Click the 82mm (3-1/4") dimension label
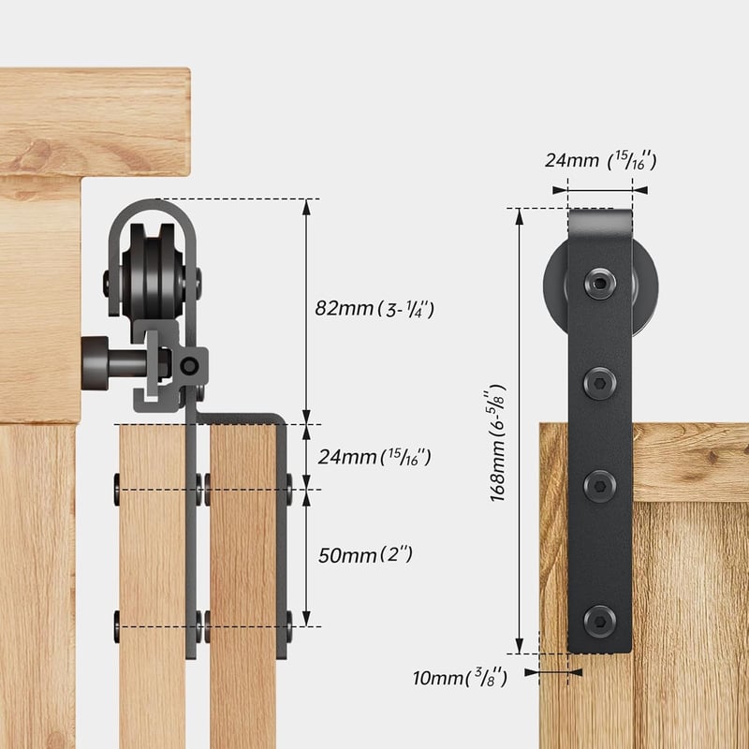click(374, 309)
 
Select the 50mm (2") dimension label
click(365, 555)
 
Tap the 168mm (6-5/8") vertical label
click(498, 442)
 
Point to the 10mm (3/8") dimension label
click(460, 677)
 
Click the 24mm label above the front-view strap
click(601, 160)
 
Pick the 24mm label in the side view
click(374, 457)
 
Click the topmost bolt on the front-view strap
click(600, 284)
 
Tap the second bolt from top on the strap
click(599, 383)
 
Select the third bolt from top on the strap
click(599, 486)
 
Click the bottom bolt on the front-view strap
click(599, 621)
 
